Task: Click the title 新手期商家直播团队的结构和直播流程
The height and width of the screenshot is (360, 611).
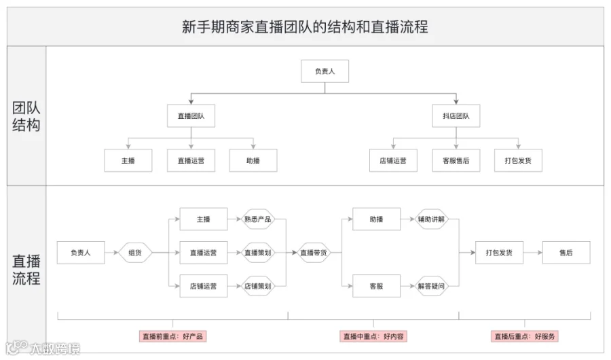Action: [305, 27]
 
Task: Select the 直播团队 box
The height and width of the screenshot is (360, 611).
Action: [191, 116]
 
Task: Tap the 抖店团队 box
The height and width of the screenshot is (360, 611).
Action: [456, 116]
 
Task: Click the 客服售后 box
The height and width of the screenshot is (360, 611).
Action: [456, 160]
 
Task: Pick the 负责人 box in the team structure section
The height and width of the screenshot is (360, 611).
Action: [325, 71]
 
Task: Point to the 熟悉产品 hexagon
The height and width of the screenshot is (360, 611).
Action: [257, 219]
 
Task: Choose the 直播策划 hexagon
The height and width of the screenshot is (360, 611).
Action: [257, 253]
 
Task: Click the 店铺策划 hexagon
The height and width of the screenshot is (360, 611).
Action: [257, 286]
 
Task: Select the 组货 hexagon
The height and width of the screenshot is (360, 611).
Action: [135, 253]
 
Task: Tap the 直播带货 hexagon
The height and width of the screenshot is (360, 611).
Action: [314, 253]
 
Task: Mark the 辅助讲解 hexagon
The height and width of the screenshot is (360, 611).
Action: [431, 219]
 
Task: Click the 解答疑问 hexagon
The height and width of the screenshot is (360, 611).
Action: [431, 286]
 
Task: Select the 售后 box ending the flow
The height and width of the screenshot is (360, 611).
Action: [566, 253]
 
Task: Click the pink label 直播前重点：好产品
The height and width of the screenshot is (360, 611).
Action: [172, 336]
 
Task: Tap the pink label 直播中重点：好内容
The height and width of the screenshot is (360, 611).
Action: [373, 336]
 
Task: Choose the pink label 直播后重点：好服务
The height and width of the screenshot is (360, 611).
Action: [525, 336]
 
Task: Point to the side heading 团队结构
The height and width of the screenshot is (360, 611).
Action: [26, 116]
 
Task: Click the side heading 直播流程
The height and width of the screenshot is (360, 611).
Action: [26, 270]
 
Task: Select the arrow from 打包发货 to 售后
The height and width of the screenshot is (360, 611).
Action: [533, 253]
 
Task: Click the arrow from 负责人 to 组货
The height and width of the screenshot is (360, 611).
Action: [111, 253]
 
